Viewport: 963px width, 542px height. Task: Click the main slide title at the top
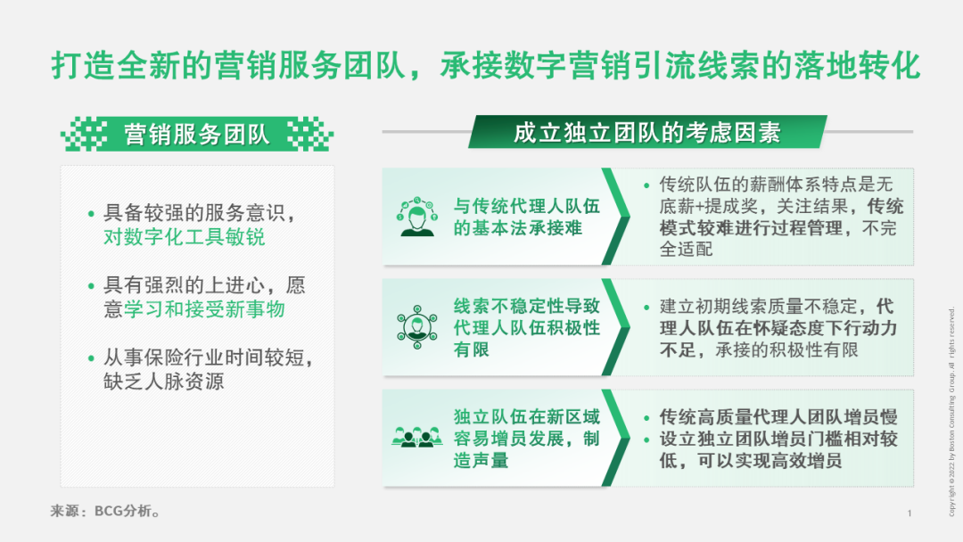pos(486,66)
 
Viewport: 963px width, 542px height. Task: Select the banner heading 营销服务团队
pos(196,134)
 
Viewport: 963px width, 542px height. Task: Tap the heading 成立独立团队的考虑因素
pos(646,132)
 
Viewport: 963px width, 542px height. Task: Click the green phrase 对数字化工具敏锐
pos(185,237)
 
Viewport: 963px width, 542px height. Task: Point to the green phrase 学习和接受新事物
pos(204,309)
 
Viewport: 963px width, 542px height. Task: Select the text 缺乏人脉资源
pos(164,382)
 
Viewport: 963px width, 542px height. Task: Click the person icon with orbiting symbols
pos(417,217)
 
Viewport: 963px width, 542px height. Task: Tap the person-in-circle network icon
pos(417,326)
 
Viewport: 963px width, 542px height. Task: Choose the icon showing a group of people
pos(417,437)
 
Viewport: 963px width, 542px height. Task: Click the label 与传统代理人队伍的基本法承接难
pos(526,217)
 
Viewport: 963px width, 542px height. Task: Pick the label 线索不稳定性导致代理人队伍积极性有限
pos(526,327)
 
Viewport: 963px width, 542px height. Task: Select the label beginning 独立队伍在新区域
pos(526,439)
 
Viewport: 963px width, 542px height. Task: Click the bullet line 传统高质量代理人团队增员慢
pos(778,417)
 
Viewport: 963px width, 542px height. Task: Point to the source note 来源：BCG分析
pos(105,511)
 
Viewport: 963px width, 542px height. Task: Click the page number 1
pos(909,513)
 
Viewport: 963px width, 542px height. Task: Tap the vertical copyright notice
pos(951,411)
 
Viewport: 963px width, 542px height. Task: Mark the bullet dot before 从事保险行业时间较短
pos(91,357)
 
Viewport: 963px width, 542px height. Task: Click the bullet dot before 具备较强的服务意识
pos(91,214)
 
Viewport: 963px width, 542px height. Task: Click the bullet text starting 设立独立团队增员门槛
pos(778,450)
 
